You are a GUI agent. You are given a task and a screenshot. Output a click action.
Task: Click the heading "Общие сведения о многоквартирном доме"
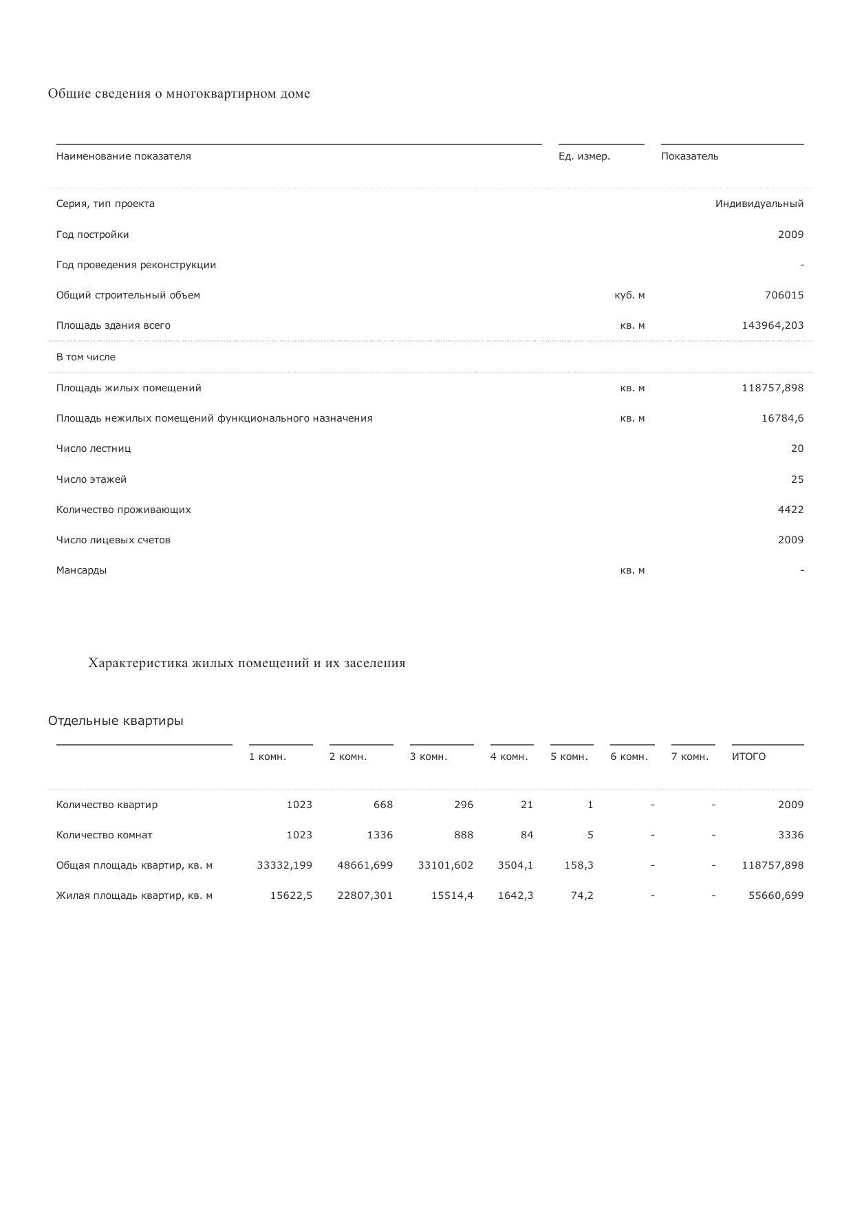pos(179,94)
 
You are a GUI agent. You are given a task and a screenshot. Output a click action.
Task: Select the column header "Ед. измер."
pos(584,156)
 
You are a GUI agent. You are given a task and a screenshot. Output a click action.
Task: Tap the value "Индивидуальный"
pos(759,204)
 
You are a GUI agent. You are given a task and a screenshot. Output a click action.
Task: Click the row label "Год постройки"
pos(93,235)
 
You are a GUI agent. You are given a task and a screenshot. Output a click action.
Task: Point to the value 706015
pos(784,295)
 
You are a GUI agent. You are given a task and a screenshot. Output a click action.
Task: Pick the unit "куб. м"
pos(629,295)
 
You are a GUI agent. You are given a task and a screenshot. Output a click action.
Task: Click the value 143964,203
pos(772,325)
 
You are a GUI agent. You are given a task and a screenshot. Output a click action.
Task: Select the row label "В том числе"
pos(86,357)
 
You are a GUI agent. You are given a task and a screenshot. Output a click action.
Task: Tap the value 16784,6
pos(782,418)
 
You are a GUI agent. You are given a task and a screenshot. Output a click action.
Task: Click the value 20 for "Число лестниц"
pos(797,448)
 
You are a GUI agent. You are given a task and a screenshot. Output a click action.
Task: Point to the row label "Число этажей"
pos(91,479)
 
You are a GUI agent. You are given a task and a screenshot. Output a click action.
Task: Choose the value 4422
pos(790,510)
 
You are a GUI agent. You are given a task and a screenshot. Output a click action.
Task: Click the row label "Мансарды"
pos(82,570)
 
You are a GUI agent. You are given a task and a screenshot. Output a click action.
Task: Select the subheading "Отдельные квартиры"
pos(116,721)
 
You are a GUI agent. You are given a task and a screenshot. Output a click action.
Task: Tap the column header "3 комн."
pos(429,757)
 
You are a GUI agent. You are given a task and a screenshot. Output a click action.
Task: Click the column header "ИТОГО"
pos(748,757)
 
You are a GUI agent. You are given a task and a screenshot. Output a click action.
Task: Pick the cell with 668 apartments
pos(382,805)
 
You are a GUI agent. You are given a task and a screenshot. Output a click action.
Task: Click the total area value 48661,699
pos(365,865)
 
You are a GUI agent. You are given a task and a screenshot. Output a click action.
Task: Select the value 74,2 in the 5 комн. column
pos(582,895)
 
